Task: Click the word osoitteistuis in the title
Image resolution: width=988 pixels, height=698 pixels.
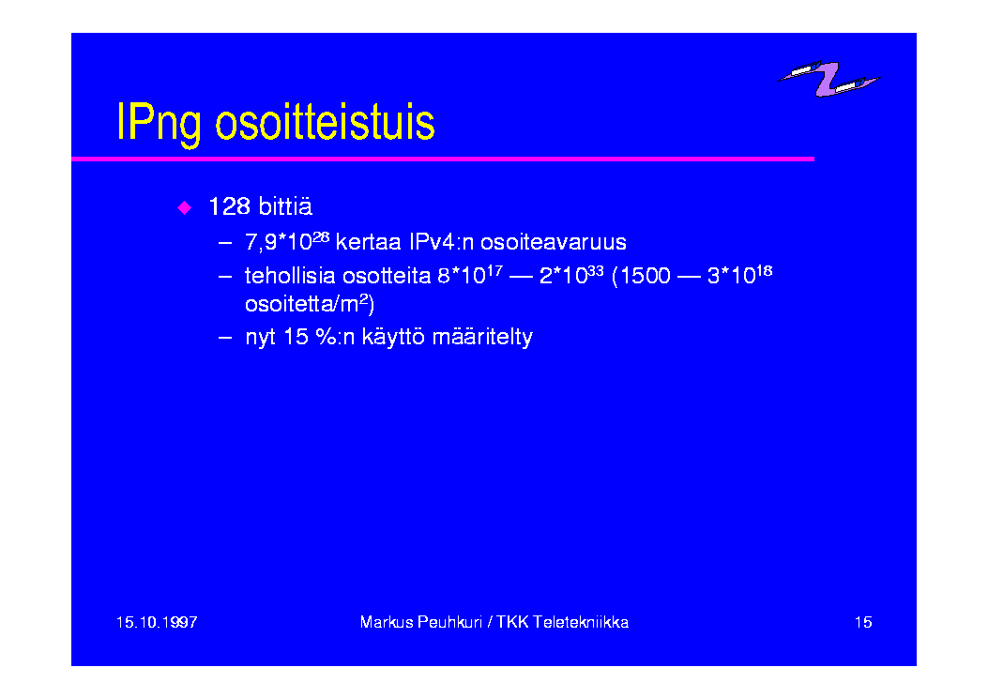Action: click(326, 121)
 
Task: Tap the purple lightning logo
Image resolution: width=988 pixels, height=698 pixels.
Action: click(828, 79)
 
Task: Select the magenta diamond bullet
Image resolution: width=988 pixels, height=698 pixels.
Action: click(185, 208)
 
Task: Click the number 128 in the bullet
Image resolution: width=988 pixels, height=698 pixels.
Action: click(229, 206)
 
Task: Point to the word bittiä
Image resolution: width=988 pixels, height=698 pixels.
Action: click(285, 206)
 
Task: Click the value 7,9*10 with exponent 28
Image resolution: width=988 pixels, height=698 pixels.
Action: click(287, 241)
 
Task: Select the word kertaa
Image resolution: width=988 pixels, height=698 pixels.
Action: click(369, 242)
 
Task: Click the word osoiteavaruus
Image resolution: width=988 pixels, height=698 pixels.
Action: click(554, 242)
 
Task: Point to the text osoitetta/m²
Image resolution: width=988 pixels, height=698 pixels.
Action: click(310, 304)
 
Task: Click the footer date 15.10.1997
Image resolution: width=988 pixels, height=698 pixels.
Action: click(157, 622)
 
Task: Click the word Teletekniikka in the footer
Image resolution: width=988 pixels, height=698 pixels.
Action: click(581, 622)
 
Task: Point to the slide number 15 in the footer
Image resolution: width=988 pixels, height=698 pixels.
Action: click(863, 622)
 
